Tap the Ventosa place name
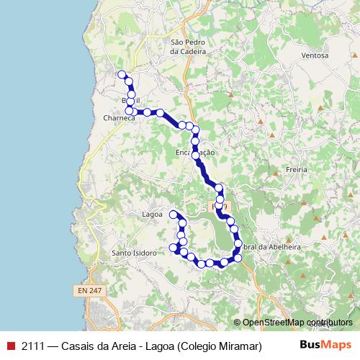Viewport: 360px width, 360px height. [x=315, y=55]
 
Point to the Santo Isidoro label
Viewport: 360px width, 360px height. [x=134, y=253]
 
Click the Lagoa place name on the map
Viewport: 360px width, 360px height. [x=152, y=215]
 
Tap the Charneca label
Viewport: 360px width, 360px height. [x=119, y=118]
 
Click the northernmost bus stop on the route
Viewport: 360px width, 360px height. [x=122, y=74]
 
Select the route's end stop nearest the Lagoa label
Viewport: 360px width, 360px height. [x=173, y=215]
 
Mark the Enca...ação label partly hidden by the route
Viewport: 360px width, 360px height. [x=195, y=153]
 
